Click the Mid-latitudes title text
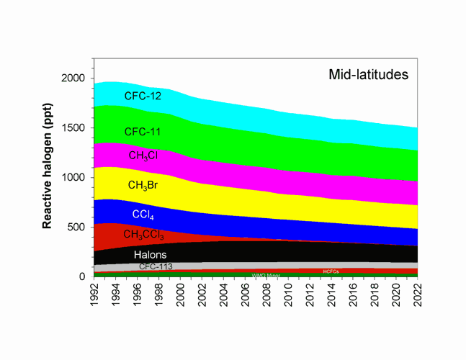[368, 74]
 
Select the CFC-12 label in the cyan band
[143, 96]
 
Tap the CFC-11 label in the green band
[143, 132]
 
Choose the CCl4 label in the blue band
[143, 214]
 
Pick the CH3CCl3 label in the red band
[145, 234]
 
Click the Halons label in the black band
[151, 254]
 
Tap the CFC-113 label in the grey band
[156, 266]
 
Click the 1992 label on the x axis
[94, 295]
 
